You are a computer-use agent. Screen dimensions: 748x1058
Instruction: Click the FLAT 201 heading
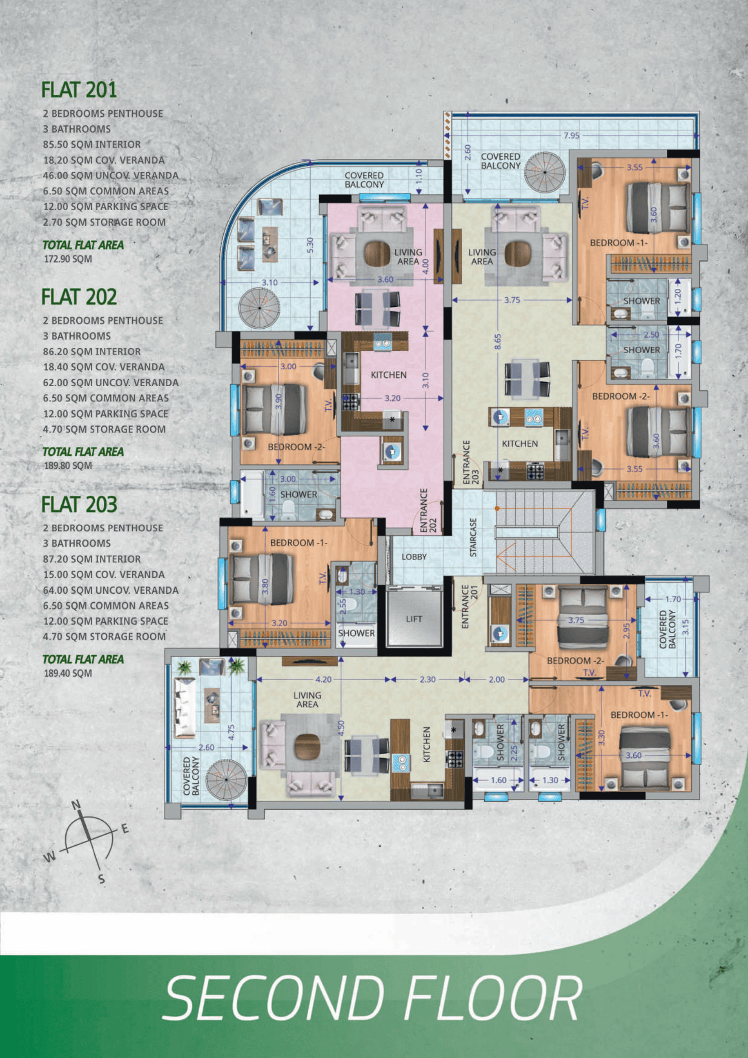(x=79, y=89)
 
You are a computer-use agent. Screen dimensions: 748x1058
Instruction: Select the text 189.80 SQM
(x=68, y=465)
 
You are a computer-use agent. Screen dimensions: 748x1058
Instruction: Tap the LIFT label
(x=414, y=619)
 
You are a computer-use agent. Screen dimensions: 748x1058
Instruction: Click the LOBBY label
(x=414, y=556)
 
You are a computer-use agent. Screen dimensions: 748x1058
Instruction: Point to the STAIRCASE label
(x=473, y=537)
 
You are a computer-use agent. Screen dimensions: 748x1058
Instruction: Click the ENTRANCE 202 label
(x=428, y=511)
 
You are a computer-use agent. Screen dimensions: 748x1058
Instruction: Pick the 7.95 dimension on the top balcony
(x=571, y=135)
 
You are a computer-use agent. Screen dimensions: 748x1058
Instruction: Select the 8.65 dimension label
(x=497, y=341)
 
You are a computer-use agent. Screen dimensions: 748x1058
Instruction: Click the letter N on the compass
(x=77, y=805)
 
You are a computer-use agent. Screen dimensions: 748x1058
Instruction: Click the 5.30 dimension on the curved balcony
(x=310, y=245)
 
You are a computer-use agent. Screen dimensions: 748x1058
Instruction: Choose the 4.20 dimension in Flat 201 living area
(x=324, y=679)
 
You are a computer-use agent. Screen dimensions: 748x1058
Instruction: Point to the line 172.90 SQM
(x=68, y=259)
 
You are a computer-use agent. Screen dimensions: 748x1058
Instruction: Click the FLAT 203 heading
(x=79, y=504)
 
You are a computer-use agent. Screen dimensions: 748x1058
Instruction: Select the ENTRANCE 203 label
(x=471, y=462)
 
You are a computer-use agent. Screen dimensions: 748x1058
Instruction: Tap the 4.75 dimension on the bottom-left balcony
(x=231, y=732)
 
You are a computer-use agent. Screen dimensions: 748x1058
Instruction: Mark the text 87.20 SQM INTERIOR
(x=92, y=559)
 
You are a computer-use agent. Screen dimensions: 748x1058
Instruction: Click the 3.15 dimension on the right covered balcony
(x=685, y=627)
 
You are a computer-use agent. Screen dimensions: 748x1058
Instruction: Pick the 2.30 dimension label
(x=428, y=679)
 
